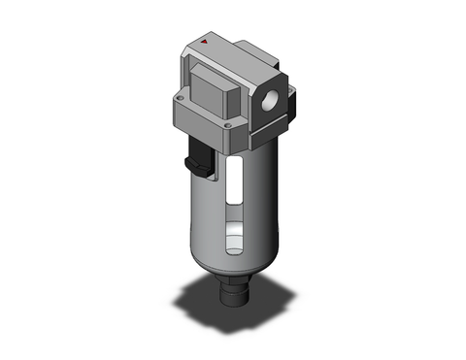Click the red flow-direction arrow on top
(x=205, y=44)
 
